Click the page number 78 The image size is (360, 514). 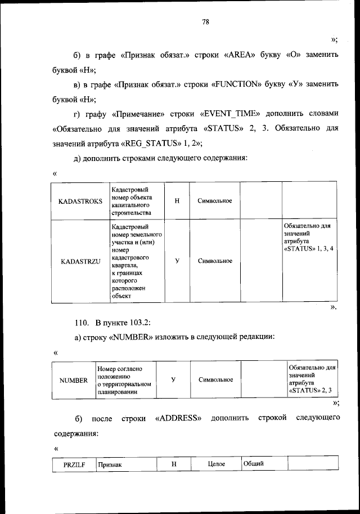205,22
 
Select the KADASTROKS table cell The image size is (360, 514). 80,201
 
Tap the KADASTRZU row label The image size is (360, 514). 80,261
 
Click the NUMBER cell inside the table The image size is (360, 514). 74,380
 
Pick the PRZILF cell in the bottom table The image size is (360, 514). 73,464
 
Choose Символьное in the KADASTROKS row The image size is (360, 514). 215,201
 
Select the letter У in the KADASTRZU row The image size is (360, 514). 177,261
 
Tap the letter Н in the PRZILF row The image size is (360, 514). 174,464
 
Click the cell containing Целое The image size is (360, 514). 216,464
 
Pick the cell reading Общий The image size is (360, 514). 254,463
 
